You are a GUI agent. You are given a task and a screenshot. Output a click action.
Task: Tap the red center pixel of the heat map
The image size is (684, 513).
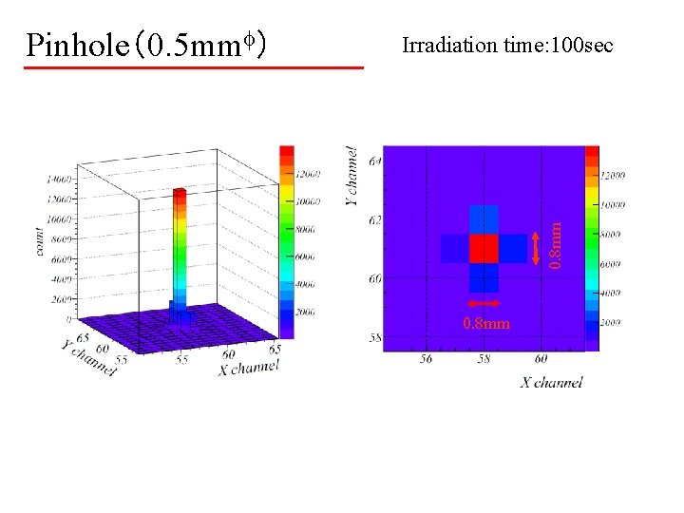[x=484, y=248]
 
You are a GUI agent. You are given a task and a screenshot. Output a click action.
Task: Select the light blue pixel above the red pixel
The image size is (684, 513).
[x=484, y=219]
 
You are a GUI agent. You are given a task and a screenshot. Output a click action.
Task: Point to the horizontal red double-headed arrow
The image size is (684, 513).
[x=484, y=307]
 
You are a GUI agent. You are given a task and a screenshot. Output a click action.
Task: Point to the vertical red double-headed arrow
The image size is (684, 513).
[x=537, y=249]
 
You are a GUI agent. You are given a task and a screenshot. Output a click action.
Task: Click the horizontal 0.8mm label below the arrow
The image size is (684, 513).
[x=485, y=324]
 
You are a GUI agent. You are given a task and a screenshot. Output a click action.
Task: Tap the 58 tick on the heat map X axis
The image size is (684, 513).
[x=483, y=359]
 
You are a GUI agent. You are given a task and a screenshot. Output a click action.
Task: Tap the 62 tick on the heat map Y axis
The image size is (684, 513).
[x=375, y=219]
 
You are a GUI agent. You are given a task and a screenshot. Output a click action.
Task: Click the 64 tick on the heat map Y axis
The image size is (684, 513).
[x=375, y=161]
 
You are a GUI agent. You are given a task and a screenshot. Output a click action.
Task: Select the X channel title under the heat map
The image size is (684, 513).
[x=550, y=382]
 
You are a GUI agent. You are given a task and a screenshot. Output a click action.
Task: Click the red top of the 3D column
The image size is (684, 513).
[x=179, y=193]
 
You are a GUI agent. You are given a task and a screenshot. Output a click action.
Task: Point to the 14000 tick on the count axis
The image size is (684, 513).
[x=59, y=178]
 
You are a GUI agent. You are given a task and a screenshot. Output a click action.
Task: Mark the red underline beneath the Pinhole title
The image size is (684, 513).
[x=195, y=67]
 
